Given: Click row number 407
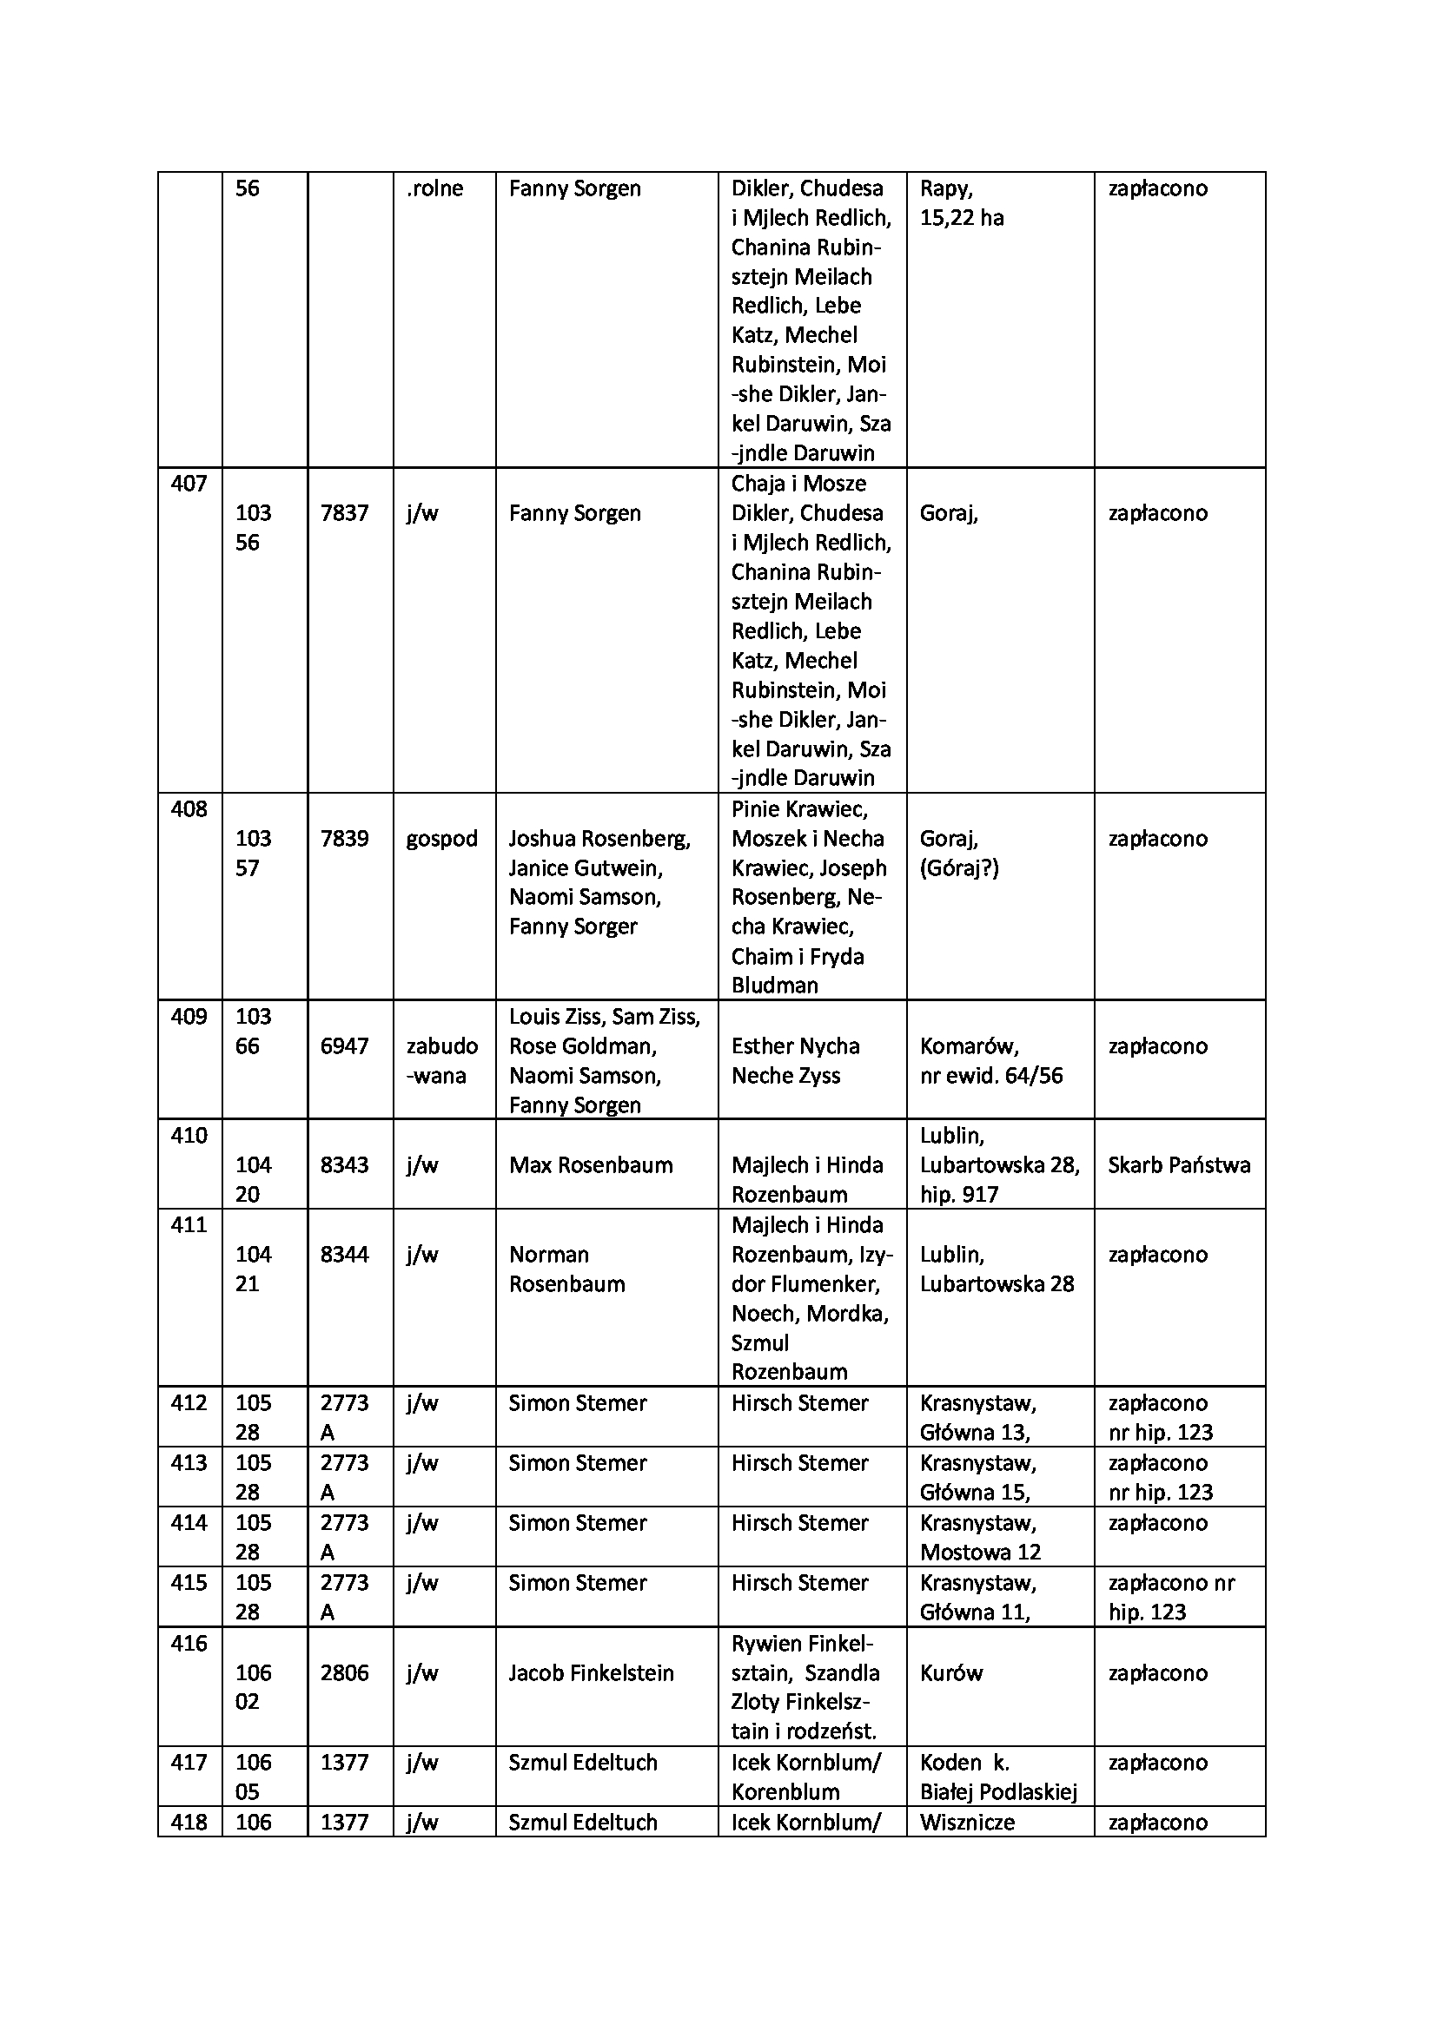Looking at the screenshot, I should (x=189, y=484).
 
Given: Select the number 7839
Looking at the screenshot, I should (x=344, y=839).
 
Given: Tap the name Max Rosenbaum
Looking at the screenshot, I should (x=590, y=1165).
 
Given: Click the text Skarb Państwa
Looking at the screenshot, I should (x=1179, y=1165).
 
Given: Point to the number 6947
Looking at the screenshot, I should (x=344, y=1046).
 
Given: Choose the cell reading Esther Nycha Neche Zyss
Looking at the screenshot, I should (x=795, y=1060).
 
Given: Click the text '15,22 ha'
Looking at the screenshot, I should (x=961, y=219).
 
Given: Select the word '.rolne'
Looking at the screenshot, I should (x=434, y=188).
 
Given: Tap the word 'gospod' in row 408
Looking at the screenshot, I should (x=441, y=839).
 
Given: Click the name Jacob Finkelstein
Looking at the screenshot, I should (x=590, y=1672).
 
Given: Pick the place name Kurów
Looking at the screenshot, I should (x=951, y=1672).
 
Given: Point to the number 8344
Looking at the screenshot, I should (x=344, y=1255).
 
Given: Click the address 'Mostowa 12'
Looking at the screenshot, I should (x=979, y=1552).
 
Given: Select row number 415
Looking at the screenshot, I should (x=189, y=1583).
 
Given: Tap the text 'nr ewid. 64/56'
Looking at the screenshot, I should (x=991, y=1076).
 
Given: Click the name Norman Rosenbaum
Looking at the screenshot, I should (x=566, y=1269).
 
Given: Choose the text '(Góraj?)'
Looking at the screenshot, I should (x=959, y=868).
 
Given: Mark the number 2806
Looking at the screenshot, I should (x=344, y=1672).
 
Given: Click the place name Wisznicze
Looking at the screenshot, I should (x=966, y=1823).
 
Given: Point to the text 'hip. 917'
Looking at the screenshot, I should (x=959, y=1195).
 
